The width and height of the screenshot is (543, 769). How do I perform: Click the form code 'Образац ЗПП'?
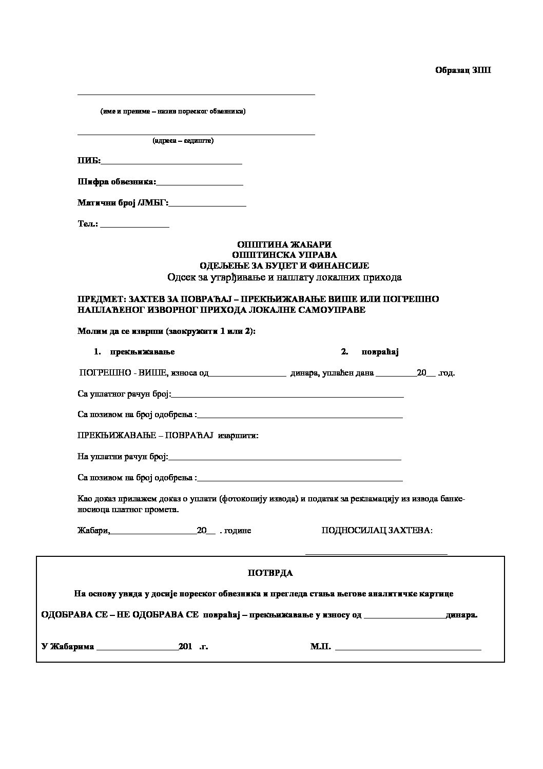(x=463, y=70)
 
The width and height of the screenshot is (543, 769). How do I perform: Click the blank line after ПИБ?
(x=171, y=162)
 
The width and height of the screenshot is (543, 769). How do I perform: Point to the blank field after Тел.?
(x=134, y=225)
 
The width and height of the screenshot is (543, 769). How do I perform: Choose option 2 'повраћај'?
(x=380, y=352)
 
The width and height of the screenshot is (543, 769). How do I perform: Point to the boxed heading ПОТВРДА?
(x=270, y=572)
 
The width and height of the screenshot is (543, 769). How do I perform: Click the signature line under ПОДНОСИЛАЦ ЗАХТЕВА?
(x=376, y=553)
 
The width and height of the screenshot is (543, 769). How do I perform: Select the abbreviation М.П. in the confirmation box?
(x=320, y=646)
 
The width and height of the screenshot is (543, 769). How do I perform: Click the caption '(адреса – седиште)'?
(x=183, y=141)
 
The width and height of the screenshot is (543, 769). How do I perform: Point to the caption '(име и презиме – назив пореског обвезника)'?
(x=172, y=111)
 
